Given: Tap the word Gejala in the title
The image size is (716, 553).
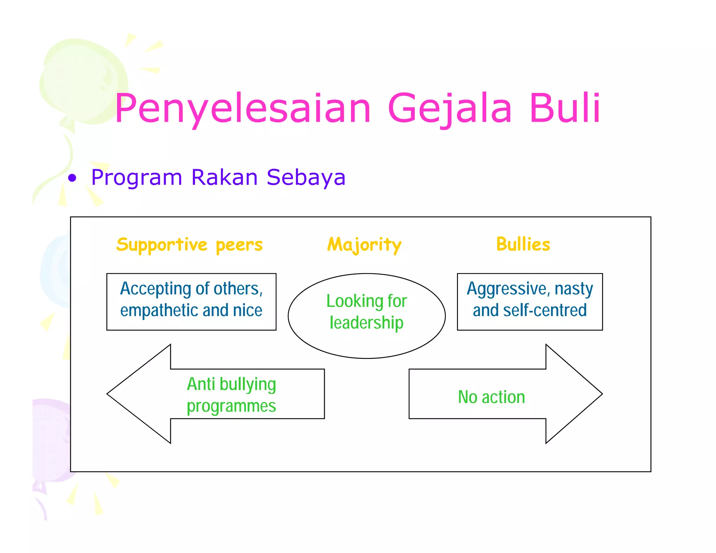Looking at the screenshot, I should [450, 108].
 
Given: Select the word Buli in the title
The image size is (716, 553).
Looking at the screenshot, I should [565, 108].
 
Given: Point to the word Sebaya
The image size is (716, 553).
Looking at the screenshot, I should [306, 178].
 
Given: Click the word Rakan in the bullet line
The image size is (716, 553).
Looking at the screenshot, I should [224, 177].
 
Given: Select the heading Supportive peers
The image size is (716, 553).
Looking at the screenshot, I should [189, 244].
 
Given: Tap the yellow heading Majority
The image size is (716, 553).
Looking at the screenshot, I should [364, 245].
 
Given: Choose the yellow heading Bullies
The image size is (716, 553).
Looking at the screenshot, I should [523, 244].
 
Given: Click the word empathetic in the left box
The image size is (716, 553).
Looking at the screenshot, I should [159, 310].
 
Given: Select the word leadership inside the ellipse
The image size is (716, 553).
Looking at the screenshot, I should [366, 323].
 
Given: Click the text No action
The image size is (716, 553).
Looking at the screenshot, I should [491, 397].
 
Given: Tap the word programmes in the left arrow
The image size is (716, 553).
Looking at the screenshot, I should [231, 406].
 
